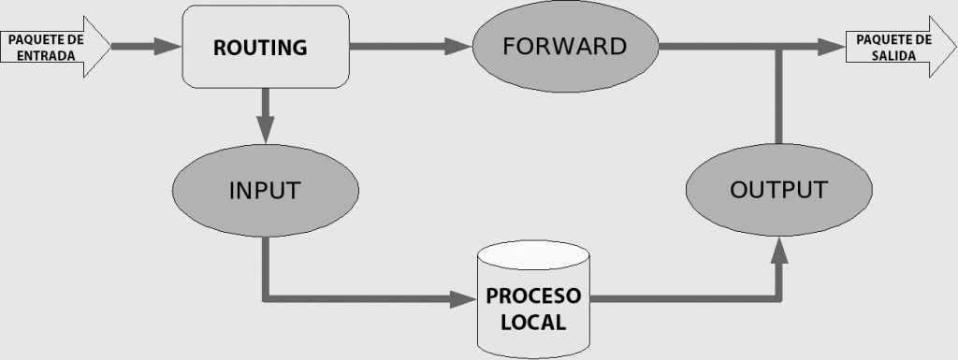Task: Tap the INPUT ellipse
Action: (x=264, y=191)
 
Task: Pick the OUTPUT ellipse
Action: (x=777, y=191)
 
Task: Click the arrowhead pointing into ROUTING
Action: (x=167, y=45)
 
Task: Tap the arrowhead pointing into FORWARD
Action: (x=458, y=45)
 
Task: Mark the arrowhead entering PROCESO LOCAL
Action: (x=463, y=299)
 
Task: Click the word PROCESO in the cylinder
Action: (x=533, y=296)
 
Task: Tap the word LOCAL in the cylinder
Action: (x=533, y=323)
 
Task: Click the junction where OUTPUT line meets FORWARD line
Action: (x=778, y=47)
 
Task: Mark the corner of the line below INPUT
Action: (x=266, y=299)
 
